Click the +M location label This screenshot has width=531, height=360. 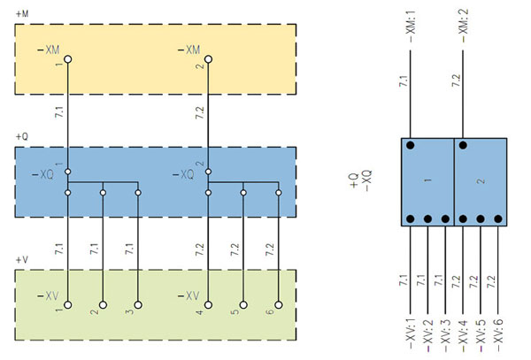(22, 14)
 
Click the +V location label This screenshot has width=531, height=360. (22, 260)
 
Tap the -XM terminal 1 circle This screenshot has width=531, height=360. (68, 59)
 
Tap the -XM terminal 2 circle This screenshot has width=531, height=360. (208, 59)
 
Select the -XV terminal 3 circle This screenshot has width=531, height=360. (138, 305)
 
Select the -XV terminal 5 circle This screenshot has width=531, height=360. (243, 305)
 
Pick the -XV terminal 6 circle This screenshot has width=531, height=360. (279, 305)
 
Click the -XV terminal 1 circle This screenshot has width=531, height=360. (68, 305)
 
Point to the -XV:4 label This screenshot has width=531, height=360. (463, 335)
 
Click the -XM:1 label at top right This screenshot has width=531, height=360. (411, 27)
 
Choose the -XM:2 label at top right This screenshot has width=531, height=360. (463, 26)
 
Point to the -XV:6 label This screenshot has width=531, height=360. (498, 335)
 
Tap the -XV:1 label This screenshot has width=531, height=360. (411, 335)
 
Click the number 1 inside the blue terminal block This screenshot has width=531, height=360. (427, 180)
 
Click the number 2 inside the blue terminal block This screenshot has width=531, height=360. (481, 181)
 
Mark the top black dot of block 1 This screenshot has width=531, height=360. (411, 145)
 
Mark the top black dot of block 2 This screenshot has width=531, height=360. (463, 145)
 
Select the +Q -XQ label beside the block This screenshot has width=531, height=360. (361, 180)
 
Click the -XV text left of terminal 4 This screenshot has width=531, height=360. (189, 296)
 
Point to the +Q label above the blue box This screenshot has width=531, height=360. (22, 137)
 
